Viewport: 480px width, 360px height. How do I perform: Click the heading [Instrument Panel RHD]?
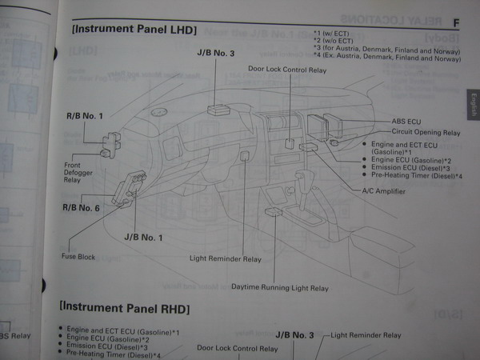[125, 307]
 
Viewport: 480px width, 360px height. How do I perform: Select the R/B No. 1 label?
[86, 117]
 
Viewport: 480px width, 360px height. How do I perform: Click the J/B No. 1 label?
[143, 238]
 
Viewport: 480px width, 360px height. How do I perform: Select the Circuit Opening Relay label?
[425, 132]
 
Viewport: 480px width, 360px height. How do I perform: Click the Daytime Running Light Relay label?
[280, 286]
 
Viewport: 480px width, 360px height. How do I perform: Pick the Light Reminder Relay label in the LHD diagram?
[225, 259]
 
